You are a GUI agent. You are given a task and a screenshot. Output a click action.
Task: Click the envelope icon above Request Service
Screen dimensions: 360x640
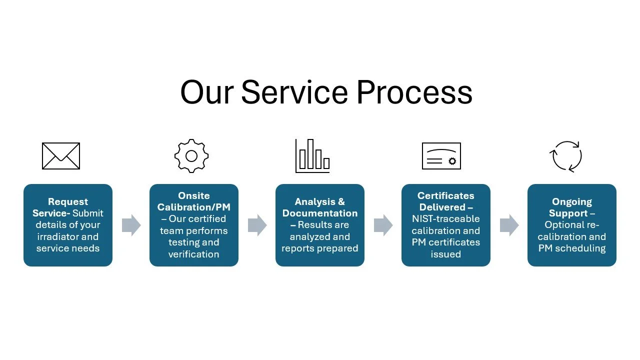(61, 156)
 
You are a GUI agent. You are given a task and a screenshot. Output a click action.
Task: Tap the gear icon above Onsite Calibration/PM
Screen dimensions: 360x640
(191, 156)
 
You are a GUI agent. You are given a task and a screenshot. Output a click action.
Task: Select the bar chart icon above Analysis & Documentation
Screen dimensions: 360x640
(312, 156)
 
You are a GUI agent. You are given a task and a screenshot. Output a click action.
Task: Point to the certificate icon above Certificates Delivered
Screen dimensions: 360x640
(441, 156)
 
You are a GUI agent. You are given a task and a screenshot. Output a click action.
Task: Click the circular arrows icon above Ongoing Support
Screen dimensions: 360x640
(566, 156)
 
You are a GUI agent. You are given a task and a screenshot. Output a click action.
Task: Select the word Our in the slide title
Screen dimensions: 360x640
(206, 92)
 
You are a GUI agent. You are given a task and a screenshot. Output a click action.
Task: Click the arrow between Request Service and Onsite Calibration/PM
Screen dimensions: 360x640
(131, 225)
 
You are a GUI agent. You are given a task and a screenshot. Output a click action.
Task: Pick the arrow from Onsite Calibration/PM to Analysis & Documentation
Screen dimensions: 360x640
(257, 225)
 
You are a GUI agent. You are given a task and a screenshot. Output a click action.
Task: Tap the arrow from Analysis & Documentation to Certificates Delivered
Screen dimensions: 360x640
(383, 225)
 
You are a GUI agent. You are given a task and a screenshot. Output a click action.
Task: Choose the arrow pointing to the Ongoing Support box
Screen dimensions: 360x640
(509, 225)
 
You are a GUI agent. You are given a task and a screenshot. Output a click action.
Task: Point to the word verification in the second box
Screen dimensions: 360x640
(194, 254)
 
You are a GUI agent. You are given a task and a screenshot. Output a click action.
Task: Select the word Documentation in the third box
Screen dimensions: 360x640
(320, 213)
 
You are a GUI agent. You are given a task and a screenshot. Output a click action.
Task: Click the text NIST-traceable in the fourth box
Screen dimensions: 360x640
(446, 219)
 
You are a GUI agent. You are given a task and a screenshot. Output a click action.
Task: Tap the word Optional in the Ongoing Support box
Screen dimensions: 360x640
(562, 225)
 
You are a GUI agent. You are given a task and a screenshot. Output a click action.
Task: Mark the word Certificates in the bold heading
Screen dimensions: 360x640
(446, 196)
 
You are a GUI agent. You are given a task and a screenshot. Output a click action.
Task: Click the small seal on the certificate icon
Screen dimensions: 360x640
(452, 161)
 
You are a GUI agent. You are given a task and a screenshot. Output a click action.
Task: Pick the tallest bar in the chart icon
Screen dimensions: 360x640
(310, 153)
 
